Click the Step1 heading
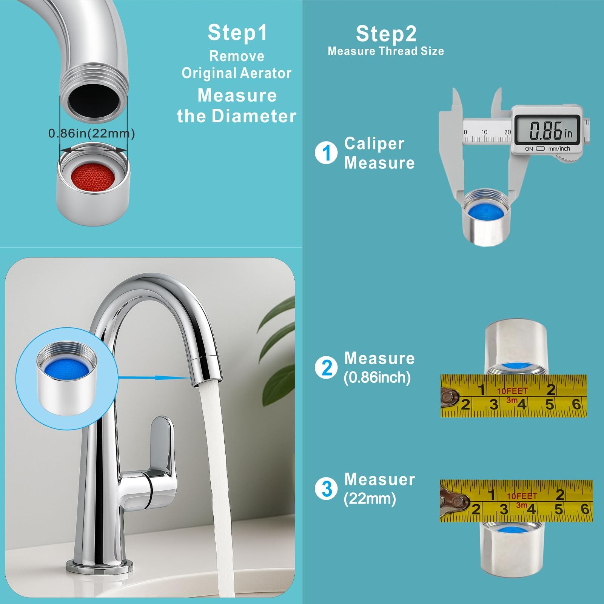pos(237,32)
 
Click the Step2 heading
pos(386,34)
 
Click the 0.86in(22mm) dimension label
pos(92,133)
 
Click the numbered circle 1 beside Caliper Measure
pos(326,153)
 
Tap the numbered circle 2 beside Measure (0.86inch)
pos(327,368)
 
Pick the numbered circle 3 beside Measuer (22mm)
pos(326,489)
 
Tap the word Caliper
pos(374,143)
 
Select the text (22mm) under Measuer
pos(370,499)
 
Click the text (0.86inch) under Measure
pos(377,377)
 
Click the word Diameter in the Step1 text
pos(254,116)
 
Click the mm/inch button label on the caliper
pos(559,149)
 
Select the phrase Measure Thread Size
pos(386,51)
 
